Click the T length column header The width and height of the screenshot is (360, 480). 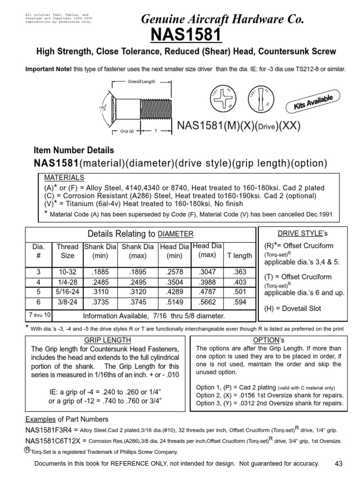(240, 255)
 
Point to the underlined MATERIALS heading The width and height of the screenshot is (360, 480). (64, 178)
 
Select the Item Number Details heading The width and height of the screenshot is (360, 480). (74, 150)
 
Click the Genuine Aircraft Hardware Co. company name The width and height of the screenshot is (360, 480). (223, 19)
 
